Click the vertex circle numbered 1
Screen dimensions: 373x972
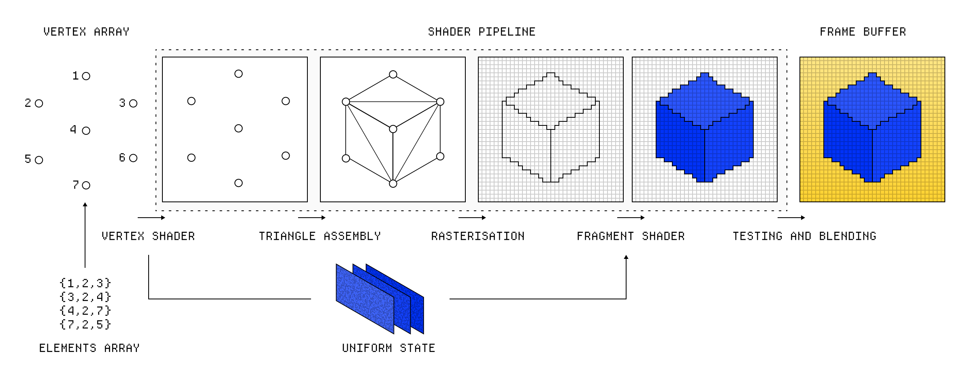[86, 76]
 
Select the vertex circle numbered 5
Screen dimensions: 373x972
[39, 160]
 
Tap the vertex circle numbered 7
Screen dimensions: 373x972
[86, 185]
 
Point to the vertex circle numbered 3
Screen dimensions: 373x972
[133, 104]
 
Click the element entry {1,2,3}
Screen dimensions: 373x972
[85, 283]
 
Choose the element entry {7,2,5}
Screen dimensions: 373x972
[85, 324]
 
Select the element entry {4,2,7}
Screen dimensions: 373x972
[85, 311]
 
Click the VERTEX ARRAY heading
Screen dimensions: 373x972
[86, 32]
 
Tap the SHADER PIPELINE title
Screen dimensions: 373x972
[482, 32]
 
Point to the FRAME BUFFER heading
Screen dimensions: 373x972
[863, 32]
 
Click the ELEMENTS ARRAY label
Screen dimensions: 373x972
[89, 348]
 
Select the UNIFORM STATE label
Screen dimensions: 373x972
[388, 348]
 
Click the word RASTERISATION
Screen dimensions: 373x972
[477, 236]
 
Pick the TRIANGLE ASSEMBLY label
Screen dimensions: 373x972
[320, 236]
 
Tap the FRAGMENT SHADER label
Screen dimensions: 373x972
[631, 236]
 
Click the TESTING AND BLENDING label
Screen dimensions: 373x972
[804, 236]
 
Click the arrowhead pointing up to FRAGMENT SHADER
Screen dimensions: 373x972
[626, 257]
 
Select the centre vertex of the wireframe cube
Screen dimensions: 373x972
[393, 129]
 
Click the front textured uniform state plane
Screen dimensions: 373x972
[364, 299]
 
